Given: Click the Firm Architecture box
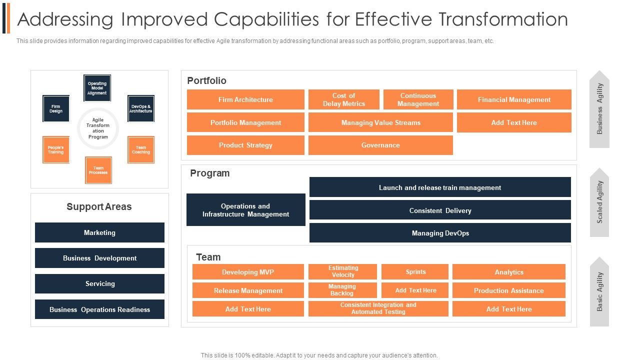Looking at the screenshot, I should point(245,99).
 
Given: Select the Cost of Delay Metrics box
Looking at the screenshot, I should point(343,99).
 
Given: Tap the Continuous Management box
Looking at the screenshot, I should point(418,99).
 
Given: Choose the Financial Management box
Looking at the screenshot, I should point(514,99).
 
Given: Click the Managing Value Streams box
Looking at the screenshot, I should point(380,122).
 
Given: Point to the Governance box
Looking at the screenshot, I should point(380,145).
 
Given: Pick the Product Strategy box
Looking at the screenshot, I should point(245,145).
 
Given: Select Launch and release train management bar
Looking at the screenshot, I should point(440,187).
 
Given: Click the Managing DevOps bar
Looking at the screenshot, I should point(440,233).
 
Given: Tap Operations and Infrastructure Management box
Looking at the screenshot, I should point(245,210).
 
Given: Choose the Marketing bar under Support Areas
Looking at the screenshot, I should point(99,232).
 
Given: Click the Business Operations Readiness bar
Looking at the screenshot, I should point(99,309).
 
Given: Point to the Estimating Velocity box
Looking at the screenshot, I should point(343,271).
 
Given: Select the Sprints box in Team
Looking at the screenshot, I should point(415,271).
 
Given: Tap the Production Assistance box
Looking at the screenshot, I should point(508,290).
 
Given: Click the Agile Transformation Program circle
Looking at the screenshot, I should point(98,128).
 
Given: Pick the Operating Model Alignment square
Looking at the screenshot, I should point(97,88).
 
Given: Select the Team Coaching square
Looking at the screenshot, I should point(141,149).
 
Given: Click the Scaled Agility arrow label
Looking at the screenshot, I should point(599,202).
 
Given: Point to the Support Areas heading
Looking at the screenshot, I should point(99,206).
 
